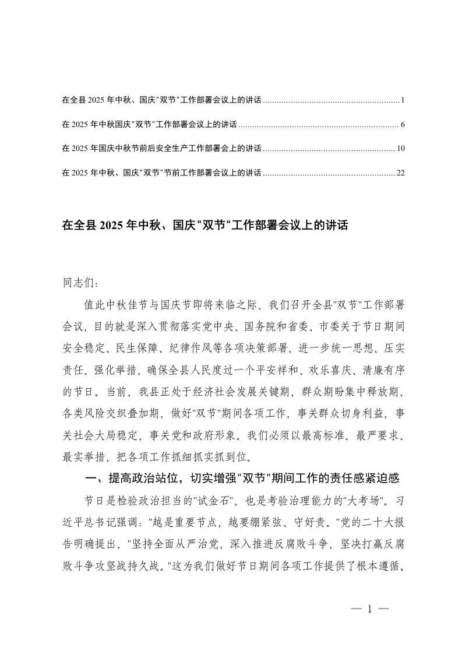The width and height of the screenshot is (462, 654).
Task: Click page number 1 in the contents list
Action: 403,101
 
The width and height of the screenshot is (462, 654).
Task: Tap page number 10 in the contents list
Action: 400,149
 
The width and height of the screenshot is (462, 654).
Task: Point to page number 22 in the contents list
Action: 400,173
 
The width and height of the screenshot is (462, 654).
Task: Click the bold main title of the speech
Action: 204,225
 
